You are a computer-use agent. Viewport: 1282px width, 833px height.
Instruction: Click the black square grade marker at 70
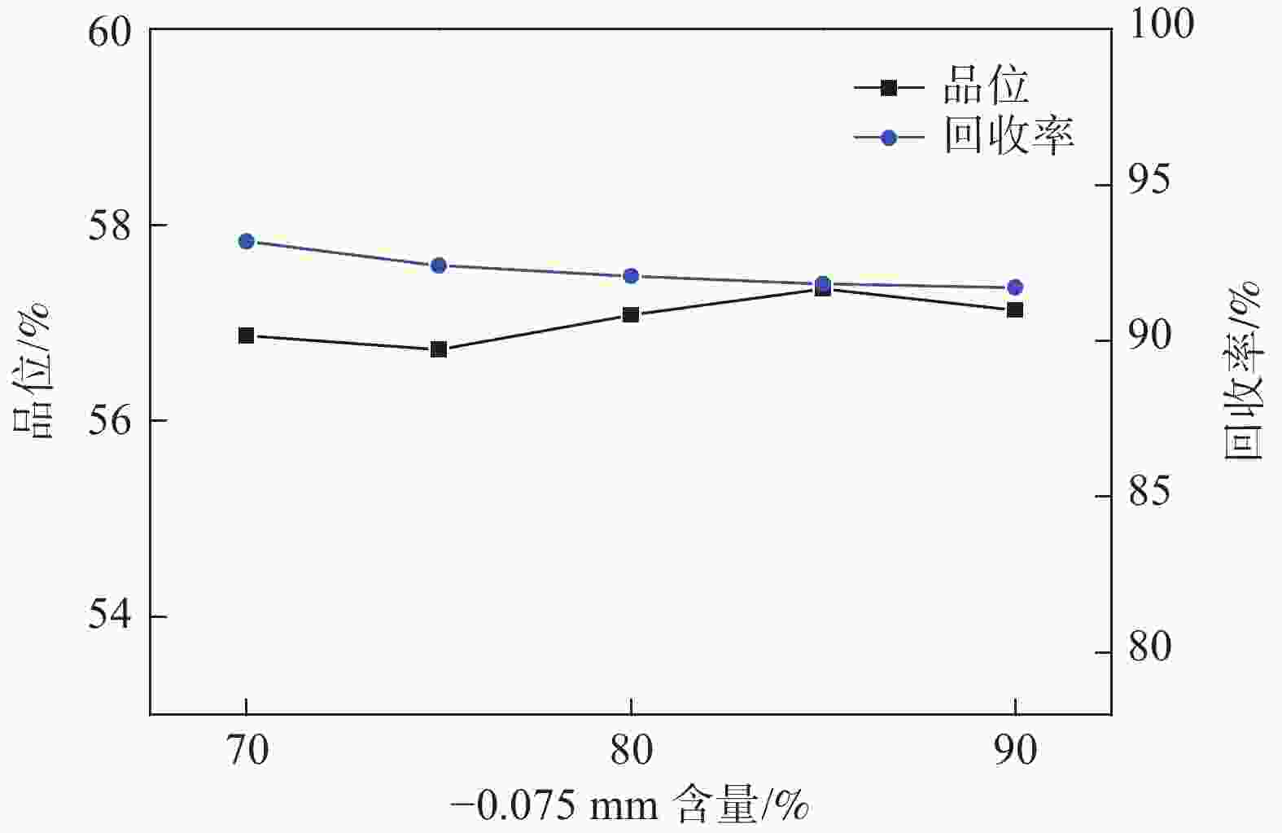pos(246,335)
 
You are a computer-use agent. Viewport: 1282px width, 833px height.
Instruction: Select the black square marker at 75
pos(439,349)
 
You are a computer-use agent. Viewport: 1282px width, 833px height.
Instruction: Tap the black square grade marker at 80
pos(631,314)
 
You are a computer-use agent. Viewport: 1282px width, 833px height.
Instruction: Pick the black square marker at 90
pos(1015,309)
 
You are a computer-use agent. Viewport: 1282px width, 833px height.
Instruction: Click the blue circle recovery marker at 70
pos(247,241)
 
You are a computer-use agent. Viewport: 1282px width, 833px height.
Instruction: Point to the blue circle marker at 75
pos(439,265)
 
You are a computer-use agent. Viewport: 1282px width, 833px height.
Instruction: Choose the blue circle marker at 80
pos(631,276)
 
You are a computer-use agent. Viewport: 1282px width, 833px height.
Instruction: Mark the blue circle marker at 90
pos(1015,287)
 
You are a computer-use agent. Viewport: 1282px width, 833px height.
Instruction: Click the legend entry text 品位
pos(986,85)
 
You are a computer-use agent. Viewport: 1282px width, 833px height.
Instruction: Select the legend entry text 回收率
pos(1009,135)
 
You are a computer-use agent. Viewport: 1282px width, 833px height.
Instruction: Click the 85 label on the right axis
pos(1149,493)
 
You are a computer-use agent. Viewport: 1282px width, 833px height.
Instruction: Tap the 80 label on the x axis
pos(631,751)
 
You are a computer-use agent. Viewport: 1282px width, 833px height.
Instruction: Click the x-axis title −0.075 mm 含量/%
pos(630,806)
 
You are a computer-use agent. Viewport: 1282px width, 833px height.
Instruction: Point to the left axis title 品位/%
pos(33,371)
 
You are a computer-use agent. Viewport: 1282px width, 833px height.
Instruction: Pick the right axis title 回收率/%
pos(1243,371)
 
